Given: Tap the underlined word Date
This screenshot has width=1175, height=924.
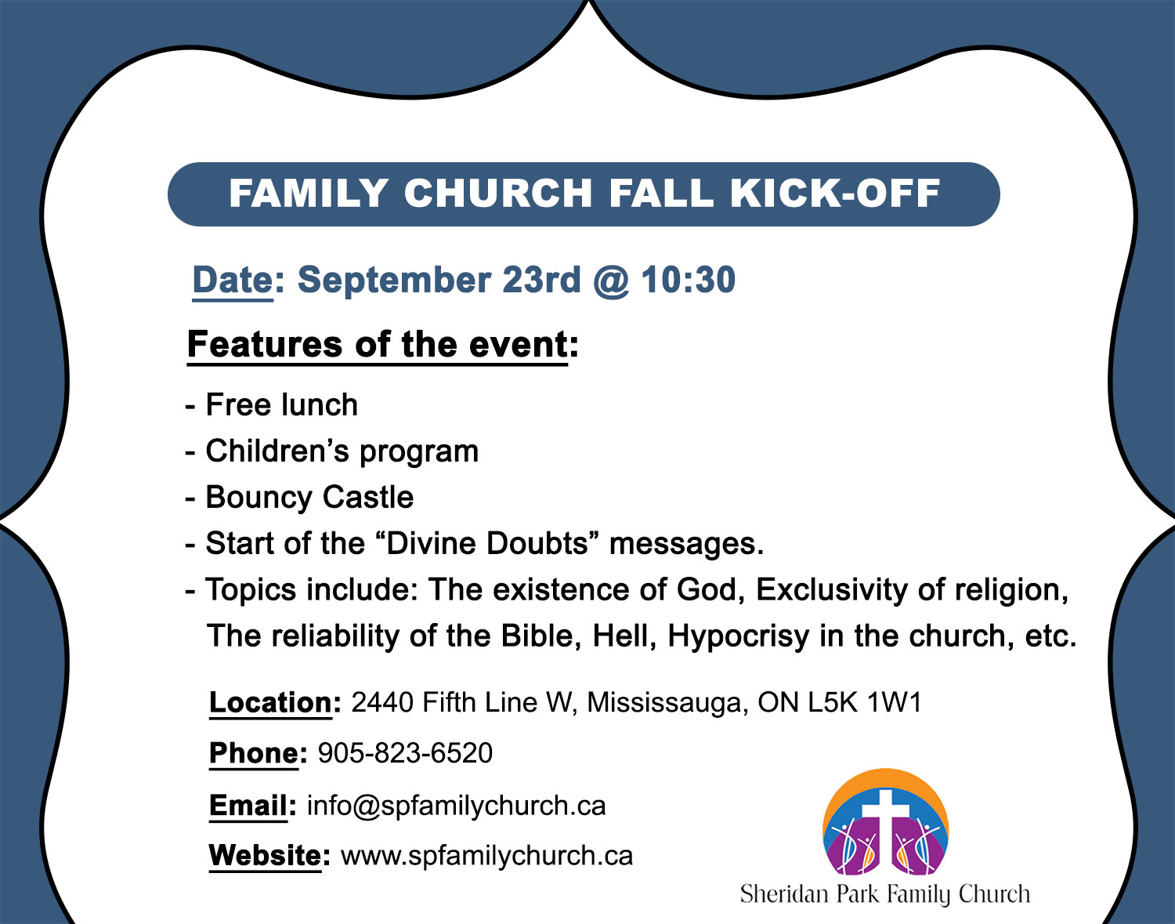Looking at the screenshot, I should coord(233,281).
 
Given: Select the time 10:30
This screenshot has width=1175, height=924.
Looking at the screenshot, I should coord(688,281).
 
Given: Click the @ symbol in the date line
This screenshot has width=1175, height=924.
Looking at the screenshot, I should coord(611,281).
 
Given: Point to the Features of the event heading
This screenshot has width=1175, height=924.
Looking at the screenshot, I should coord(382,345).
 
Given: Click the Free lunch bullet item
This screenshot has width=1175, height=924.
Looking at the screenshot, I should coord(281,405).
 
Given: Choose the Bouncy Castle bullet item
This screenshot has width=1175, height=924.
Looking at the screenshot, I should coord(309,498).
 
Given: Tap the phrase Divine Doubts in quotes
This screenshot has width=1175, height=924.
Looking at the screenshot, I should coord(487,544).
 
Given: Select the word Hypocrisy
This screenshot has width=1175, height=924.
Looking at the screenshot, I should coord(738,636).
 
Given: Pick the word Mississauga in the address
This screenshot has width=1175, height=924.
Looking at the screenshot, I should coord(664,703).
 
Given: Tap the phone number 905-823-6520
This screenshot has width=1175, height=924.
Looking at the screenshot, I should coord(405,753).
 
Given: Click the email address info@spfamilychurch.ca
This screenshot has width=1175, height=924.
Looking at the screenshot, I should coord(456,806).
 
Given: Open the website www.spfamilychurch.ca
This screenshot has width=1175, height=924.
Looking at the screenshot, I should coord(486,856).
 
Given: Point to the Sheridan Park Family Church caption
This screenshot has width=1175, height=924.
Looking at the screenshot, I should coord(884,894).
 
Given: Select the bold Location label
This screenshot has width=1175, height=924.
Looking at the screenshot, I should coord(271,703).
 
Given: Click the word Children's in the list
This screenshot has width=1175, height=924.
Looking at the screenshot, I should coord(277,451).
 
